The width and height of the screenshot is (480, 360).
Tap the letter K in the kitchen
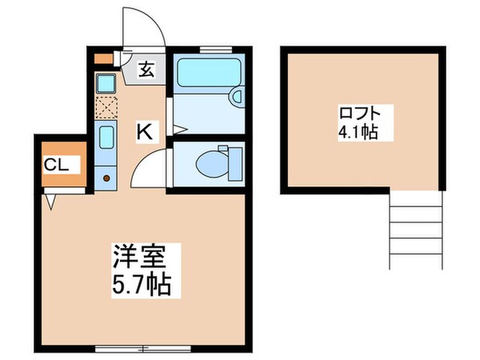144,132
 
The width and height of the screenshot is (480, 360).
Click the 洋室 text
141,258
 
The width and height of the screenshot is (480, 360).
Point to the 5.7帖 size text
141,284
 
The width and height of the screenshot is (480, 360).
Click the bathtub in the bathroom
205,74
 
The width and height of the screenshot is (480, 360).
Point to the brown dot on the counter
106,177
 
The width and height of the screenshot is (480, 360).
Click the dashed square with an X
106,108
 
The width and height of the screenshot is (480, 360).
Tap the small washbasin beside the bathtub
236,97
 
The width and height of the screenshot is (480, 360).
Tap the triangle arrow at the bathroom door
178,130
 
